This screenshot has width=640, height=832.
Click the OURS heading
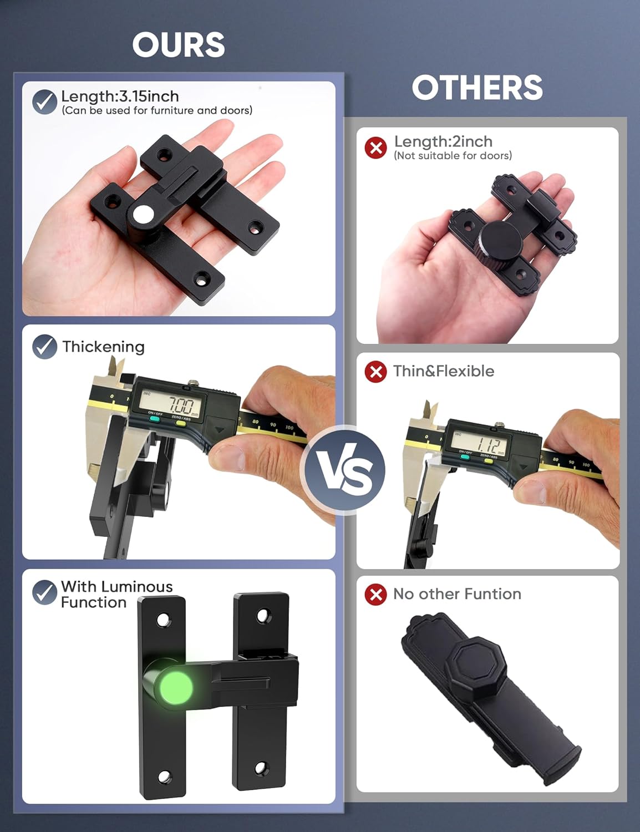point(179,44)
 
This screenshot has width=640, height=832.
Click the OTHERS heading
point(477,87)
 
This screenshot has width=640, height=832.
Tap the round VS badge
point(343,470)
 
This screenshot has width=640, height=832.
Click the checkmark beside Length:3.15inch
point(44,102)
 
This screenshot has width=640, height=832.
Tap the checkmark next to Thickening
point(44,347)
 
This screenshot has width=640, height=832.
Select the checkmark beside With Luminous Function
point(44,592)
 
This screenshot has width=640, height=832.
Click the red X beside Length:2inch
point(376,148)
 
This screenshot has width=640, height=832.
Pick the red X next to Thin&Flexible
point(376,372)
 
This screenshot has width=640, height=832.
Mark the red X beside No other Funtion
point(376,594)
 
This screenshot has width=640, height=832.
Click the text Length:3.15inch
point(120,97)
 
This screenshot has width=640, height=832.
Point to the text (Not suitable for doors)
point(453,155)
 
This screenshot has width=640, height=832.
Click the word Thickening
point(103,347)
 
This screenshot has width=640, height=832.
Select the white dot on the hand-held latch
point(142,215)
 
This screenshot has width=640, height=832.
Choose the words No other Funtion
point(458,594)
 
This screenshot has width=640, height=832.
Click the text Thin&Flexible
point(444,371)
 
